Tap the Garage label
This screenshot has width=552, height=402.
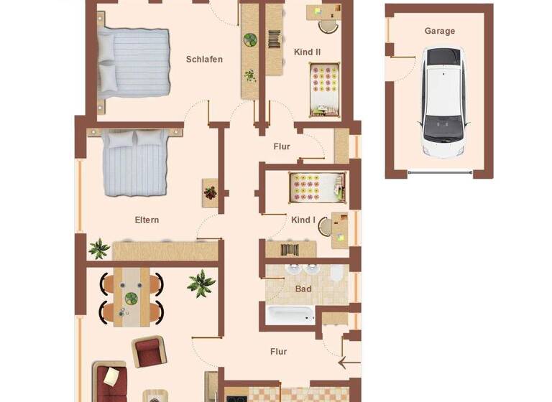[x=440, y=32]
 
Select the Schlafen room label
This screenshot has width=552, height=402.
[x=204, y=60]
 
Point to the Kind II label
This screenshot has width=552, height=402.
[x=307, y=52]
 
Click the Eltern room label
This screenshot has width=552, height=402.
[x=147, y=220]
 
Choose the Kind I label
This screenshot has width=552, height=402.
[x=303, y=220]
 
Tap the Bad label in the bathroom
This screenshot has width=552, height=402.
[x=303, y=289]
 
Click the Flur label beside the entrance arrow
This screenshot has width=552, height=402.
[x=278, y=352]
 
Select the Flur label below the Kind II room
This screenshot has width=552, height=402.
[x=282, y=146]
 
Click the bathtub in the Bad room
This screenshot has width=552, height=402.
[x=290, y=315]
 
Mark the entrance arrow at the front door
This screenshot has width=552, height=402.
[x=349, y=364]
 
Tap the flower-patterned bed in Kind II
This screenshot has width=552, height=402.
[x=324, y=88]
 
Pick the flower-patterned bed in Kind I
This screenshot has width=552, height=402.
[x=315, y=187]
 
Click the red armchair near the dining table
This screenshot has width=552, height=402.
[x=147, y=353]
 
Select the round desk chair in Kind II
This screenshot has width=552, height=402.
[x=327, y=26]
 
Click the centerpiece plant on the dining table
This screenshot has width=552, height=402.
[x=131, y=298]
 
